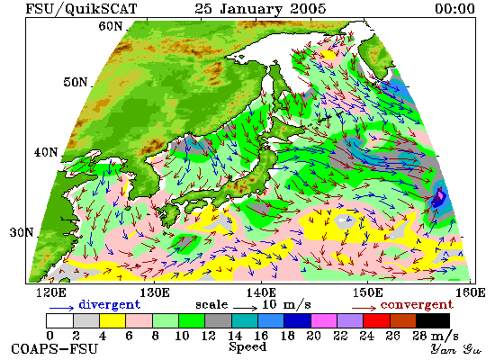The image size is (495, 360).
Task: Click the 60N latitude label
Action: pyautogui.click(x=110, y=26)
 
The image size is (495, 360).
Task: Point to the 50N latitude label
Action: pyautogui.click(x=75, y=82)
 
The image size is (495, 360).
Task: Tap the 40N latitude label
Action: pyautogui.click(x=46, y=152)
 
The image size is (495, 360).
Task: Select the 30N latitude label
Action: pyautogui.click(x=22, y=232)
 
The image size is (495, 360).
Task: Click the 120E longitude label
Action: pyautogui.click(x=51, y=292)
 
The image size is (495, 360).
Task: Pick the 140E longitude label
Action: pyautogui.click(x=261, y=292)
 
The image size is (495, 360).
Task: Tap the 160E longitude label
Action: pyautogui.click(x=471, y=292)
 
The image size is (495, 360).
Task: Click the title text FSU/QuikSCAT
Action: pyautogui.click(x=81, y=9)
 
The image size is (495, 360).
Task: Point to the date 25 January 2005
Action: pyautogui.click(x=260, y=9)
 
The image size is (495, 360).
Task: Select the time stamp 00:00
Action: pyautogui.click(x=454, y=8)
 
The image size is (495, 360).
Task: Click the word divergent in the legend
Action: pyautogui.click(x=109, y=305)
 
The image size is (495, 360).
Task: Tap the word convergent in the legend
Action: pyautogui.click(x=417, y=305)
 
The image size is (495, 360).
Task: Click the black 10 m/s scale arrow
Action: pyautogui.click(x=246, y=308)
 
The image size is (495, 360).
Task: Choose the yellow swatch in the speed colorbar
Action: pyautogui.click(x=112, y=320)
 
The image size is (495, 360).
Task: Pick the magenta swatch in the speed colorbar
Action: pyautogui.click(x=324, y=320)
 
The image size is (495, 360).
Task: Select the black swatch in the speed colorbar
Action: pyautogui.click(x=433, y=320)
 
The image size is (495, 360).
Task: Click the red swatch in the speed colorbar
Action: pyautogui.click(x=376, y=320)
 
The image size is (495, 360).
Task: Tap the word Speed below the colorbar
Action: pyautogui.click(x=247, y=346)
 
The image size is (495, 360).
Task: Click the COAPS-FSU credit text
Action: pyautogui.click(x=54, y=348)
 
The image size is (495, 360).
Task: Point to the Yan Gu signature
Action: pyautogui.click(x=455, y=349)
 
